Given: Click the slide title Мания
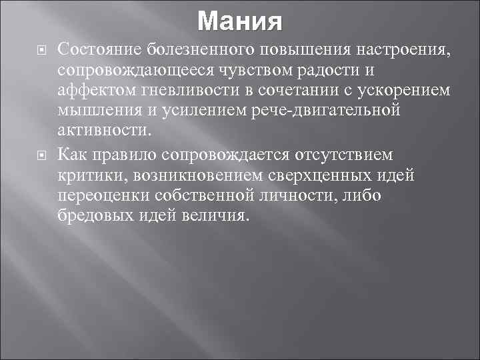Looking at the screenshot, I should (x=240, y=21).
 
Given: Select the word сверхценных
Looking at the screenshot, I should (x=326, y=175).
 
